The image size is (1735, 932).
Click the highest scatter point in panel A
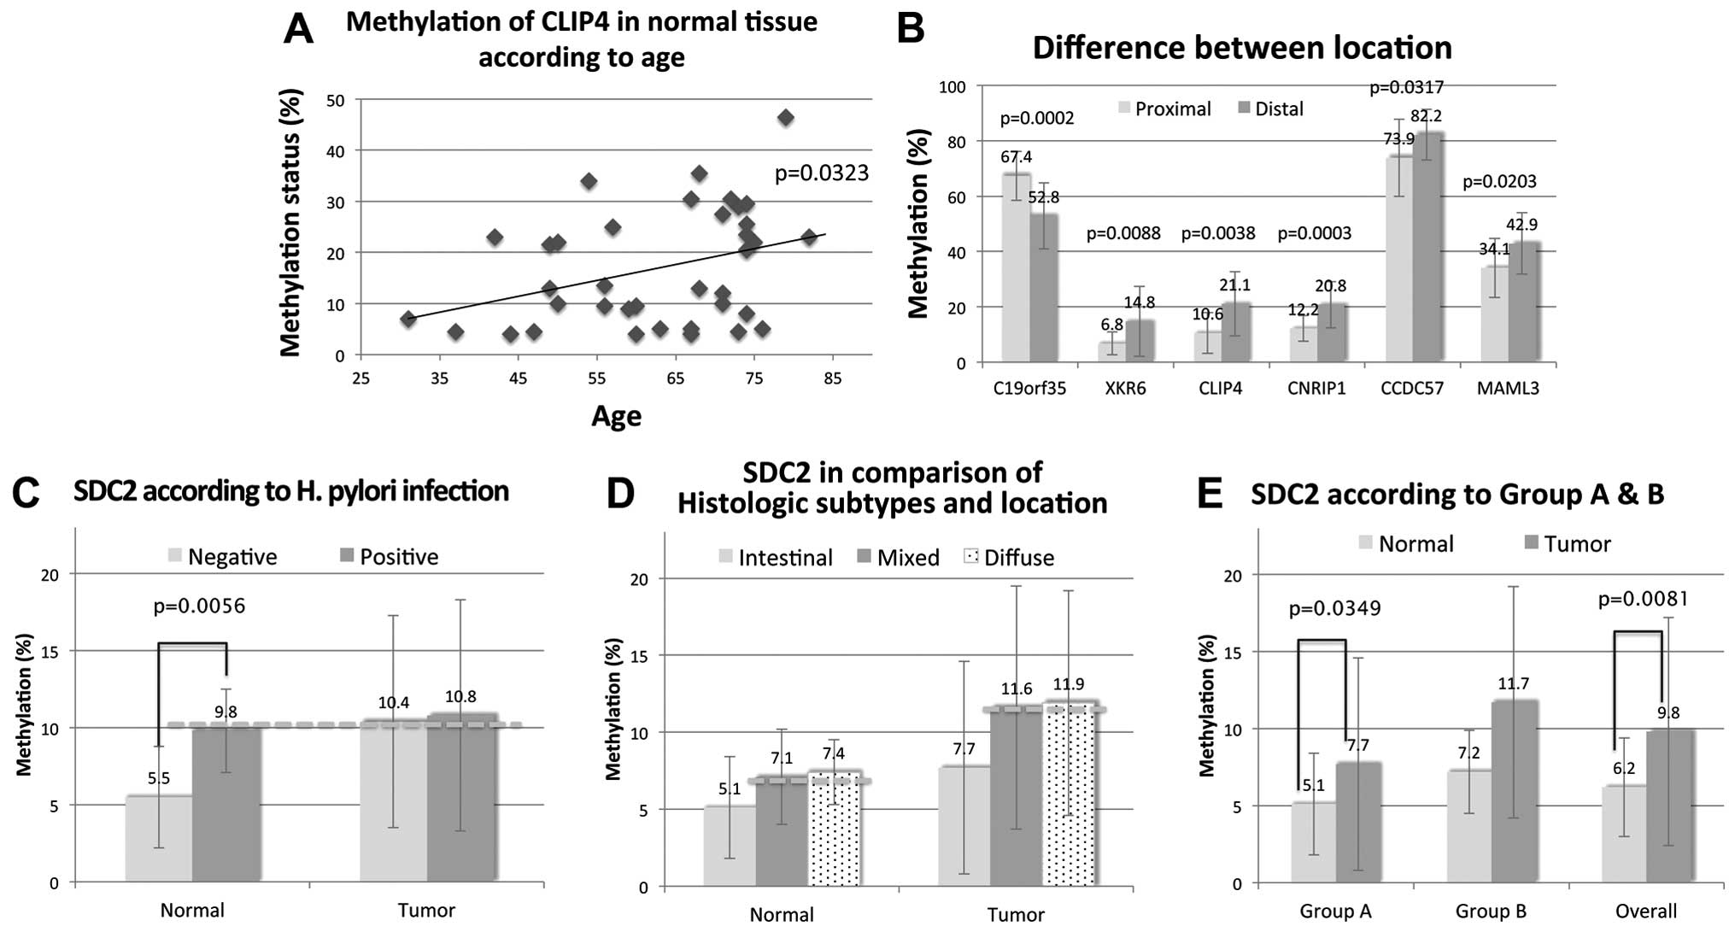point(785,118)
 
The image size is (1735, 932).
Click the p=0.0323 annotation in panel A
point(821,173)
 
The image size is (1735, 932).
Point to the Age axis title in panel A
point(616,416)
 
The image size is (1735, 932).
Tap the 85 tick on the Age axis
point(833,378)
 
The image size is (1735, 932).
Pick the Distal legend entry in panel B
point(1270,108)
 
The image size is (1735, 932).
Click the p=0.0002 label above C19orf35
point(1037,118)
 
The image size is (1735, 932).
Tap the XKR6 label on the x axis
point(1125,389)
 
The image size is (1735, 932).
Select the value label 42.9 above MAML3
point(1521,225)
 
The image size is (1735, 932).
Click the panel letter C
point(27,494)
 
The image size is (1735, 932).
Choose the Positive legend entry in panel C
point(390,557)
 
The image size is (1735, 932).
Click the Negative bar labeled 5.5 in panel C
point(159,838)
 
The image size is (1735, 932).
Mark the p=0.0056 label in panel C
point(199,607)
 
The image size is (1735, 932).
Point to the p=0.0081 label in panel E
point(1643,600)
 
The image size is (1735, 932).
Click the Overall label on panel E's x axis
point(1645,911)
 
